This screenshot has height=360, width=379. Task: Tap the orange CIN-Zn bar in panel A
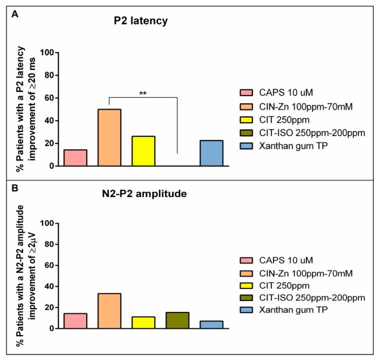109,137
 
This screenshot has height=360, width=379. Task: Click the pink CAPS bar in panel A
76,158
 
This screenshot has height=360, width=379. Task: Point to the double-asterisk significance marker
143,93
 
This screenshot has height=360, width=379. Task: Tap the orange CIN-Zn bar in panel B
109,311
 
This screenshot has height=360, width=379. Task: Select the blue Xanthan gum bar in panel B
211,324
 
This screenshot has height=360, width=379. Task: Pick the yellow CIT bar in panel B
143,323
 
